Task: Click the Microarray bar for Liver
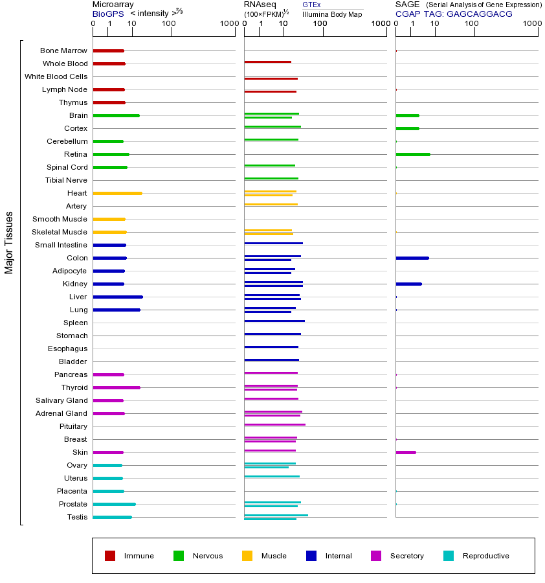coord(118,297)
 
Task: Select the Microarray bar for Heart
coord(117,193)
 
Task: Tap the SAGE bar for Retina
coord(413,154)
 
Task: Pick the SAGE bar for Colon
coord(412,258)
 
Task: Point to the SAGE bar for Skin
coord(406,452)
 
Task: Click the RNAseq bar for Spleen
coord(274,321)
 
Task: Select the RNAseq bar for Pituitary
coord(274,424)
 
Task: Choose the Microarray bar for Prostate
coord(114,504)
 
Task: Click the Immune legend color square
coord(110,556)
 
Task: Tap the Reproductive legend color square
coord(449,556)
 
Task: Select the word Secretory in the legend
coord(406,556)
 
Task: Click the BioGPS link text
coord(107,14)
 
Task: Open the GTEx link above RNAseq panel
coord(311,5)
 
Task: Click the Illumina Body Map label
coord(332,14)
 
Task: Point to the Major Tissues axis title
coord(9,242)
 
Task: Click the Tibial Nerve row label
coord(66,180)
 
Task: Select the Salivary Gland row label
coord(61,400)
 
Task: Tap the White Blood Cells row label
coord(56,76)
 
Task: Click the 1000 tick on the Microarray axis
coord(228,24)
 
